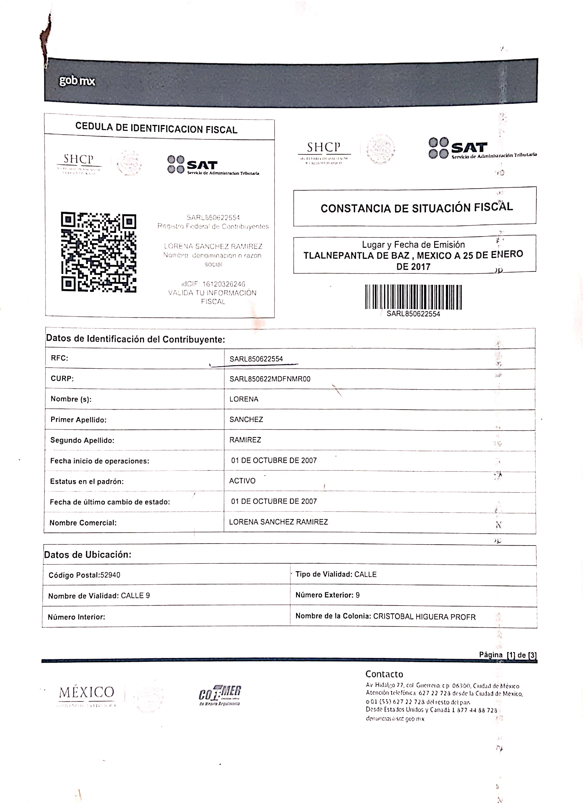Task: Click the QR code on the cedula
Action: (98, 252)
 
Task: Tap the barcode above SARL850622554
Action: (413, 297)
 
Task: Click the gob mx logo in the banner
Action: (77, 81)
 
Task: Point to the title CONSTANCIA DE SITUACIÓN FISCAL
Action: (417, 207)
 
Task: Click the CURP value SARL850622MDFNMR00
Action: (270, 379)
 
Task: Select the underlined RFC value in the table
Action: (256, 359)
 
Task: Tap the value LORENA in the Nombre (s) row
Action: (244, 399)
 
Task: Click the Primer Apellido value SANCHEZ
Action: (246, 420)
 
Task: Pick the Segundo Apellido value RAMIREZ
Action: (245, 440)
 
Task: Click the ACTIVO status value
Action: (242, 481)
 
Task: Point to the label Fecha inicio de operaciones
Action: (99, 461)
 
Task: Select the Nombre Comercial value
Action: (278, 522)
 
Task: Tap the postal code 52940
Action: (110, 575)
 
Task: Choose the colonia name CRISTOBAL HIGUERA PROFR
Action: (424, 617)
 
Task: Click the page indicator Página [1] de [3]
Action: (508, 655)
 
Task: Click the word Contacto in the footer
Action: (384, 674)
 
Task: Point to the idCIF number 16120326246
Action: (223, 284)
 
